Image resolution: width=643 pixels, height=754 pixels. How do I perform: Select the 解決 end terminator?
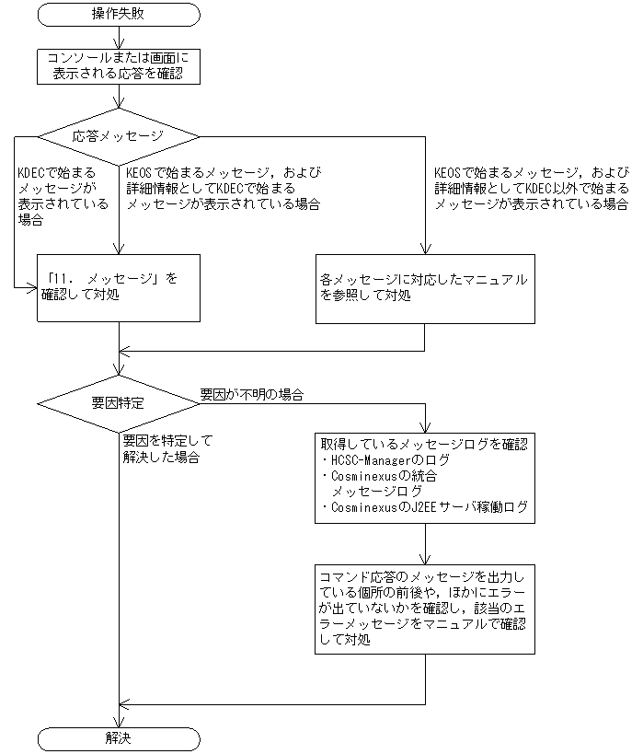119,738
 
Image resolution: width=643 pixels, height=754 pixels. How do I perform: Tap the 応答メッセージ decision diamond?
119,136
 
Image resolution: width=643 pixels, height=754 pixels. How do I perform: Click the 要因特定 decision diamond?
119,403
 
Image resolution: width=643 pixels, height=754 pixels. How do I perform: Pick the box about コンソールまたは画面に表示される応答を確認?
119,65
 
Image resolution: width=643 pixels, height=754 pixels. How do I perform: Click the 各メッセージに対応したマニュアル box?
425,287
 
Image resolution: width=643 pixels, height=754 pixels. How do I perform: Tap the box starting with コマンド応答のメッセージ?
425,608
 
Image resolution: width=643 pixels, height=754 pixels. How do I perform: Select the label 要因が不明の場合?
252,394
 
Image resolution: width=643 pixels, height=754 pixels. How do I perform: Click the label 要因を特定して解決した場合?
162,448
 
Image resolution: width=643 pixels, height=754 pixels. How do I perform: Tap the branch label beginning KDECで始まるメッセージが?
56,196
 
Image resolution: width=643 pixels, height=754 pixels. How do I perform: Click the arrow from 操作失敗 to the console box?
119,36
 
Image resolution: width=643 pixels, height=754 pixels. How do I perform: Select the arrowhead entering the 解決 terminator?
119,721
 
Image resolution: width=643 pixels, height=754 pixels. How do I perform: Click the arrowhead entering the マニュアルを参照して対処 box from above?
425,247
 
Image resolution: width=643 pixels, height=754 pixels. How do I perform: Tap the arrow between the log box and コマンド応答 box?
425,543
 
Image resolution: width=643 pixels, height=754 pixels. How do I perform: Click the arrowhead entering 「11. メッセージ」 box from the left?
32,286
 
